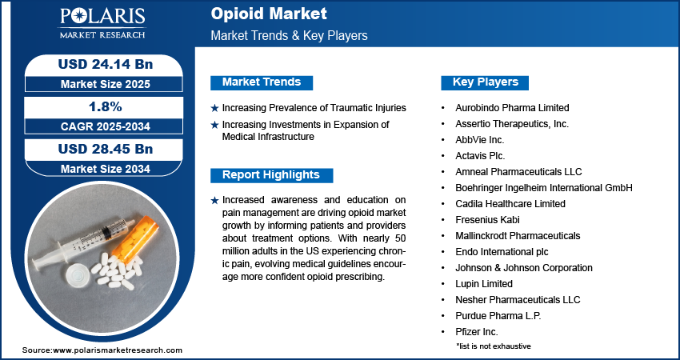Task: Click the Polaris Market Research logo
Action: point(102,23)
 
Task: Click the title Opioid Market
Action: point(269,14)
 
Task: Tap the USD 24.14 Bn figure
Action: point(106,64)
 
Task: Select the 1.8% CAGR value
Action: point(104,106)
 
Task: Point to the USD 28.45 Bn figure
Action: point(106,149)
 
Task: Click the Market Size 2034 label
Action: point(106,169)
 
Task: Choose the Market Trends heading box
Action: point(262,82)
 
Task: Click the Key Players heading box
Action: point(485,82)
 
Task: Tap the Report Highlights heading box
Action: point(271,175)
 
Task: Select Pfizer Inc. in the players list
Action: point(477,332)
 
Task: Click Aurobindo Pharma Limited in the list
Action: point(512,107)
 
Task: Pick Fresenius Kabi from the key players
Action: point(487,220)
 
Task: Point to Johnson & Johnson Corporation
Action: point(524,268)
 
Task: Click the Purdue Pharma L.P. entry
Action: point(498,316)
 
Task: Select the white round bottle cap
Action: point(78,274)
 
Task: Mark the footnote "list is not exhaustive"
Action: point(494,346)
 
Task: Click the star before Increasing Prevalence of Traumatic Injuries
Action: point(214,108)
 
